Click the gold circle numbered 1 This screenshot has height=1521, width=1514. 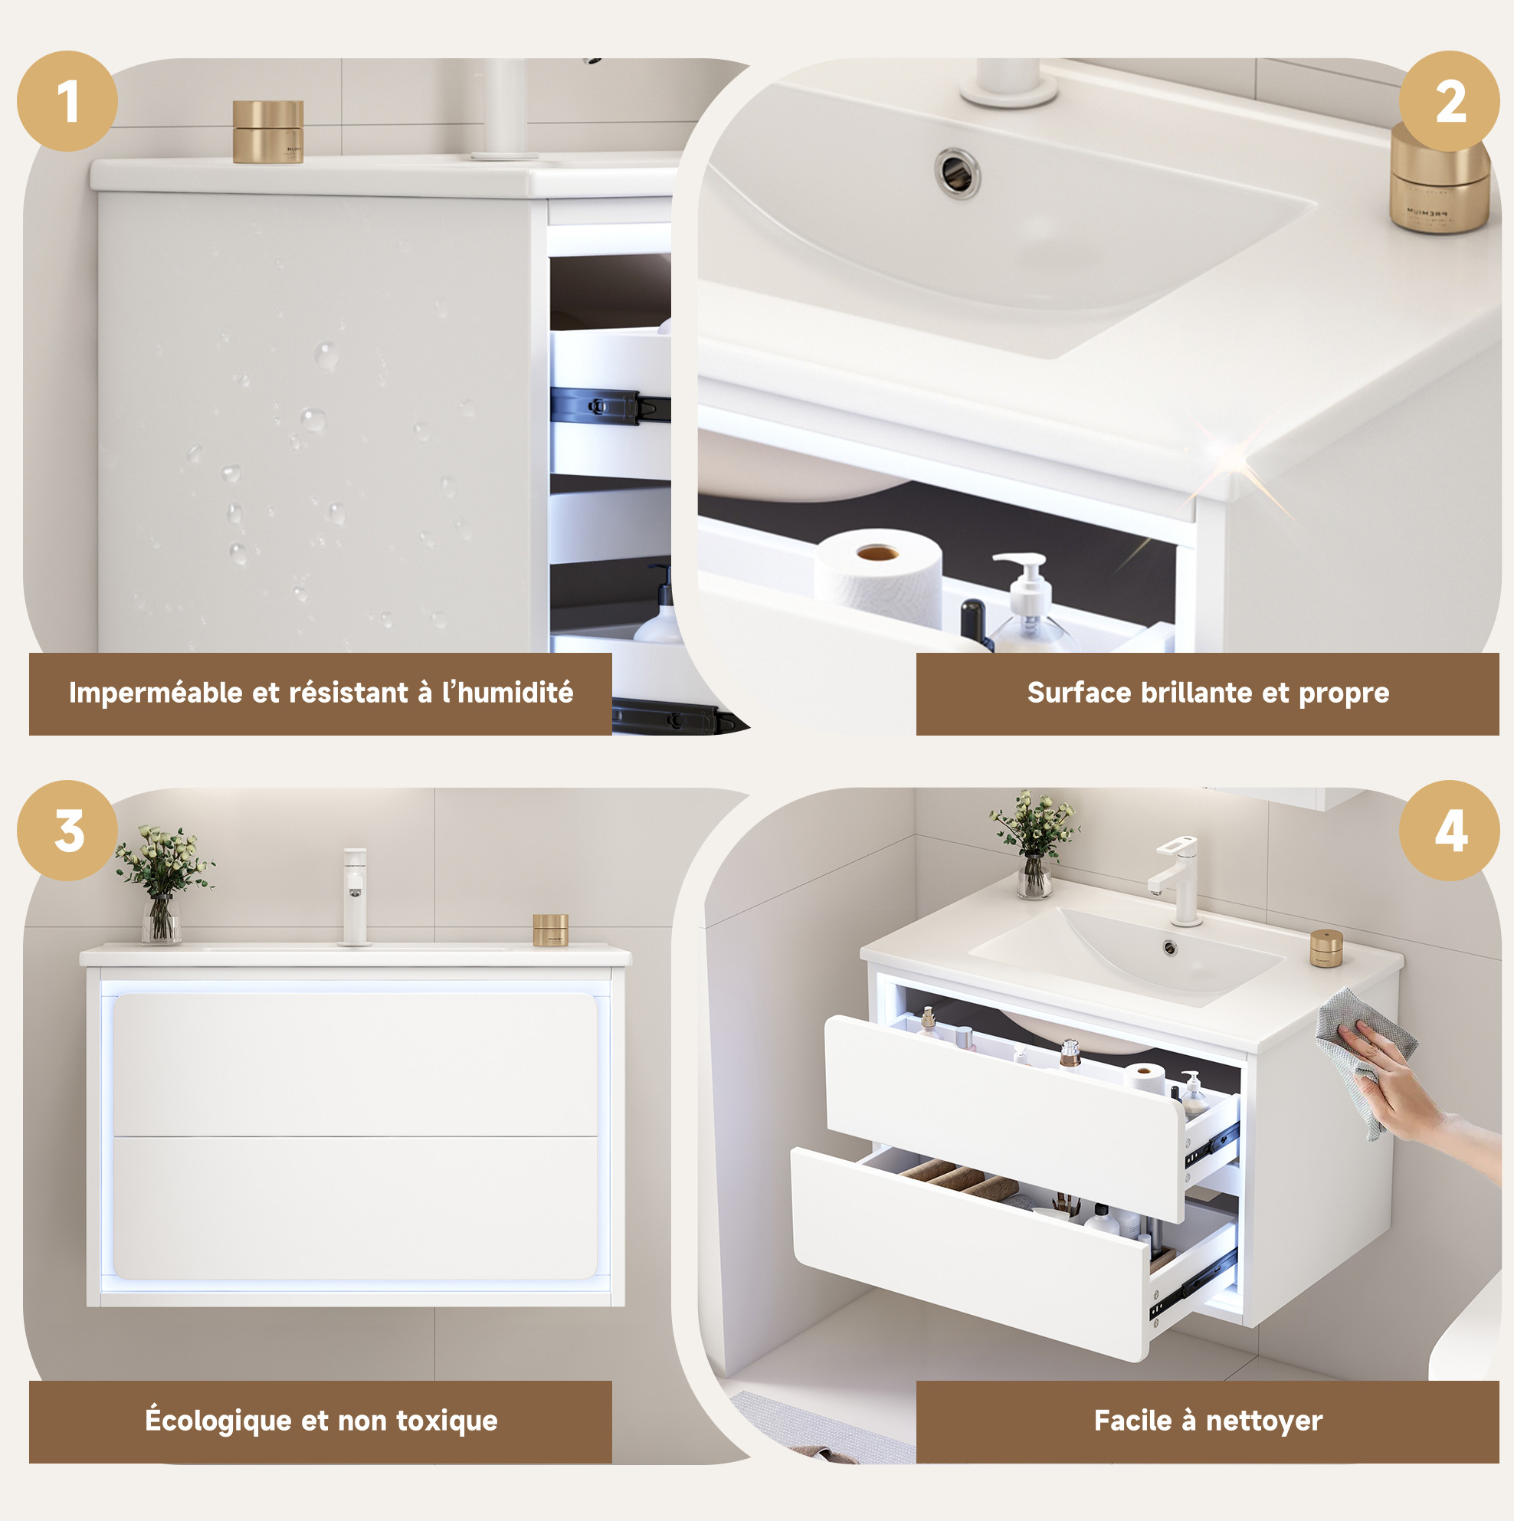click(67, 101)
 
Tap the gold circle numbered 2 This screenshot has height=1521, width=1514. click(1450, 101)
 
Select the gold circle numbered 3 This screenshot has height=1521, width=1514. click(67, 831)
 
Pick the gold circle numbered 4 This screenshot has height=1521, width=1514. click(1450, 831)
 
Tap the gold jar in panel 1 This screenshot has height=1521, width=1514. click(267, 132)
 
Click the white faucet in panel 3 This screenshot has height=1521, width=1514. click(354, 896)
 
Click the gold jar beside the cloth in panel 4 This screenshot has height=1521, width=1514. click(1326, 948)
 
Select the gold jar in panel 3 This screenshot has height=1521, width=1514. click(550, 929)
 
